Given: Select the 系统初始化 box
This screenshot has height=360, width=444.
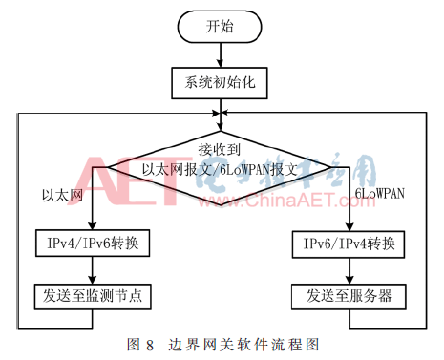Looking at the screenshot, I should (x=220, y=83).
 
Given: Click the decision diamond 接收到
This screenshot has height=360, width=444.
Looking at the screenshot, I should (x=220, y=163).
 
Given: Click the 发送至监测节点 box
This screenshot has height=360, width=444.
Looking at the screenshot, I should (x=93, y=294).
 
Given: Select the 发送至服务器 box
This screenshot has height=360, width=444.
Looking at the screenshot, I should (x=349, y=294).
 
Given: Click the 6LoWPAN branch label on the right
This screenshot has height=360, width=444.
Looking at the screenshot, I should (x=380, y=195).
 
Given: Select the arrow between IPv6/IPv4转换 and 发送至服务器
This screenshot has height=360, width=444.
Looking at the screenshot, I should (x=349, y=269).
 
